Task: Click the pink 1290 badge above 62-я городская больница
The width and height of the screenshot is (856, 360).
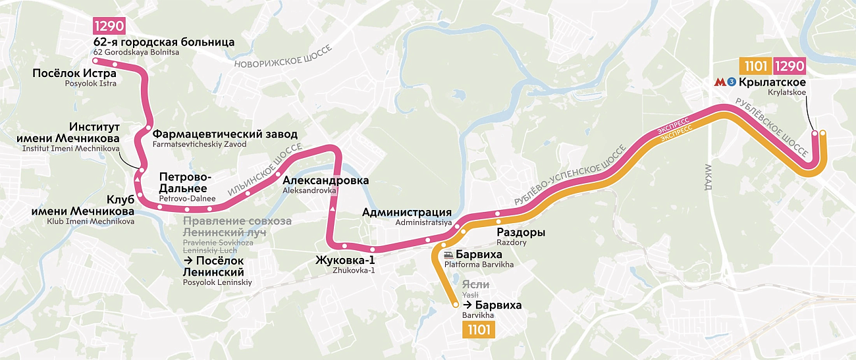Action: (109, 28)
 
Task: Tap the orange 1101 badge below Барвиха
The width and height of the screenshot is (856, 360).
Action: (479, 330)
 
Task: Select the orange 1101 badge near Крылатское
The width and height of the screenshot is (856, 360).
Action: (755, 66)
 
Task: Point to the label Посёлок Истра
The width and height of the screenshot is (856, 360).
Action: (74, 73)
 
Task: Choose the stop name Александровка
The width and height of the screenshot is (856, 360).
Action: (325, 180)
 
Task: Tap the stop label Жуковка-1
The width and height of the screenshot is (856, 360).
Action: (344, 259)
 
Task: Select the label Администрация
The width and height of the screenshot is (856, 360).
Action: (406, 212)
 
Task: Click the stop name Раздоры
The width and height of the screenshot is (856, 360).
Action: (520, 232)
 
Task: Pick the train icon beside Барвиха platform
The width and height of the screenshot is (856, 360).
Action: (449, 255)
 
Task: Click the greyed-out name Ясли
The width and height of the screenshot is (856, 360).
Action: (475, 284)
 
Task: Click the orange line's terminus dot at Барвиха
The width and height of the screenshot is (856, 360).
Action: (456, 305)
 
